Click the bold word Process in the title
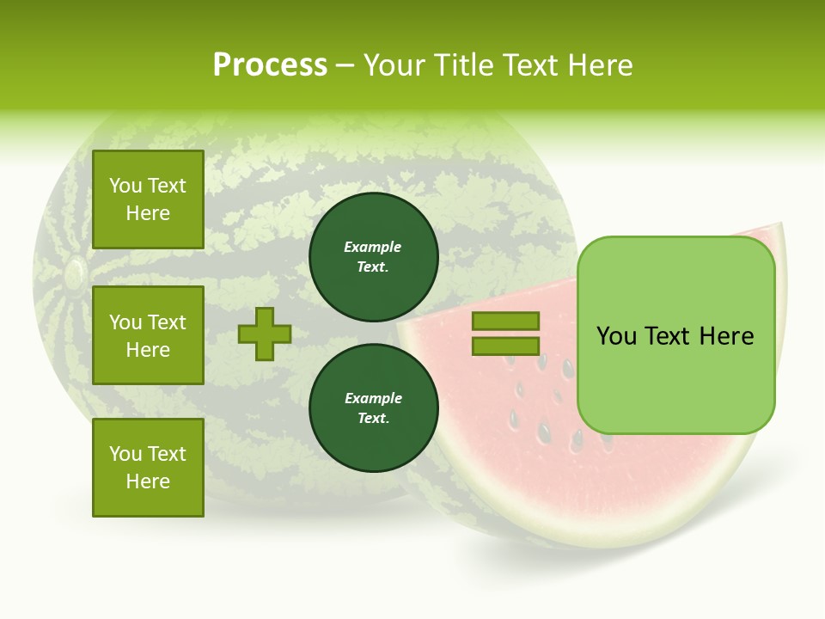tap(270, 65)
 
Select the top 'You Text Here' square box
tap(148, 199)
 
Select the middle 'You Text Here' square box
tap(148, 335)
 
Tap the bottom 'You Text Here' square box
tap(148, 467)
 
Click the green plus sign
tap(265, 334)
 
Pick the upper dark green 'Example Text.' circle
tap(373, 256)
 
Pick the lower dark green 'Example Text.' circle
tap(373, 408)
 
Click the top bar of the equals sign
tap(505, 322)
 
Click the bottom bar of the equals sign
tap(505, 346)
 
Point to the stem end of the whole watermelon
tap(74, 273)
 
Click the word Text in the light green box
tap(673, 335)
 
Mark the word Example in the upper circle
tap(373, 247)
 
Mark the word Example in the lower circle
tap(373, 398)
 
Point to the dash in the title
tap(345, 65)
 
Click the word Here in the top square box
tap(148, 213)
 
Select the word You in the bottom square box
tap(125, 453)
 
